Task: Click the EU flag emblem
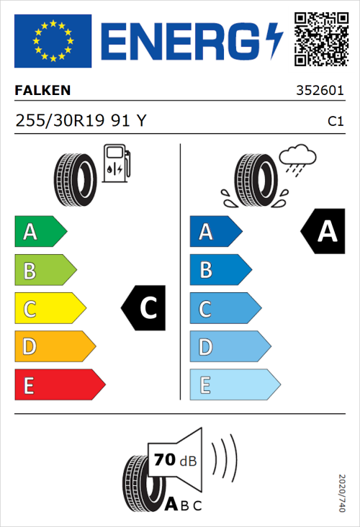[53, 41]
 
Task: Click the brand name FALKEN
[42, 91]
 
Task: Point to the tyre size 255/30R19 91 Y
[80, 122]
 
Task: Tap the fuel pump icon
[116, 163]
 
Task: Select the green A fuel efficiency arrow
[40, 232]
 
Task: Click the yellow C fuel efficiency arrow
[50, 309]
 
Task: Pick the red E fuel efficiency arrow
[59, 385]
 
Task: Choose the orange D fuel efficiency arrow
[54, 347]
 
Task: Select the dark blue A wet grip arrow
[215, 232]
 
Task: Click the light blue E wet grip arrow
[234, 385]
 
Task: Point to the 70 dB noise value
[172, 459]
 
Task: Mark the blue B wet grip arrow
[220, 270]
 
